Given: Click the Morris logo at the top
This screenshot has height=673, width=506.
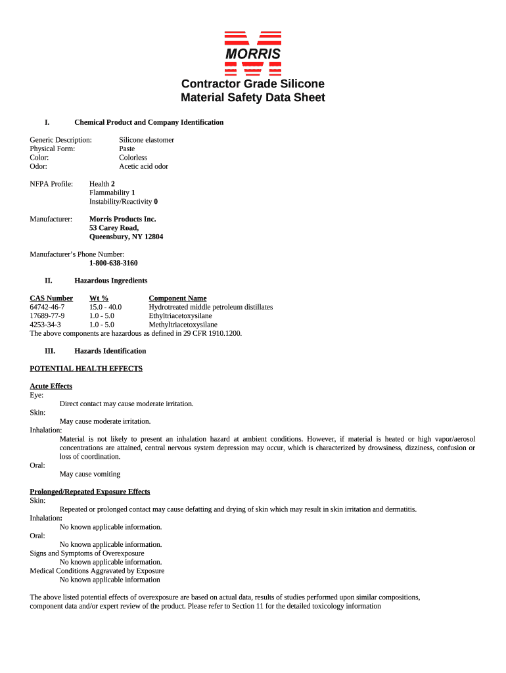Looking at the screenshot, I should [252, 53].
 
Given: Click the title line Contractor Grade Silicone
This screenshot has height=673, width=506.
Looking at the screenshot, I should [252, 83].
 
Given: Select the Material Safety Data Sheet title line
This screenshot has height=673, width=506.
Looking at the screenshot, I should [252, 98].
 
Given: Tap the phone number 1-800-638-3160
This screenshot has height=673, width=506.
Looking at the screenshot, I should [108, 263].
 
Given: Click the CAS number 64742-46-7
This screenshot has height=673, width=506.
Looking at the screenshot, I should [47, 307].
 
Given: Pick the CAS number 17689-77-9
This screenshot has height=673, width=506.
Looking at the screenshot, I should [47, 315].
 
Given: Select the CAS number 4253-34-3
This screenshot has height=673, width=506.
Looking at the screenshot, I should [45, 325].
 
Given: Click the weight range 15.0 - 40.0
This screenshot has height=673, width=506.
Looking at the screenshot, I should [105, 307].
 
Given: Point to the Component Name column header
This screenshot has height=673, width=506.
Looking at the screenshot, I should [177, 298].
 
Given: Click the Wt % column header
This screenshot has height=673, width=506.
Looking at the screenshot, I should [99, 298].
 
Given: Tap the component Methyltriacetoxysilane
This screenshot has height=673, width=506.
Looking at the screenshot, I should [183, 325].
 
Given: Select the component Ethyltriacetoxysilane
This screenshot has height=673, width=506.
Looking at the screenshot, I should [180, 315].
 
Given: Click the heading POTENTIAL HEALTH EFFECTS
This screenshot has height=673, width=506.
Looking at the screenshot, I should [86, 369].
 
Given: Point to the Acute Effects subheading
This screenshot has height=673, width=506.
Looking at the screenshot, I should [51, 386].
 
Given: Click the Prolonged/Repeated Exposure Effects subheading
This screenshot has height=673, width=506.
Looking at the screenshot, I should [90, 492].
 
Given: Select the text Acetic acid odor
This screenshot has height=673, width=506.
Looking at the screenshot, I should [143, 166].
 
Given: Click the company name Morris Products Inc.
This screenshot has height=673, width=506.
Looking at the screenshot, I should [122, 219].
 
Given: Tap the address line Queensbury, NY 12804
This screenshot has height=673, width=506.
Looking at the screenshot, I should [126, 237].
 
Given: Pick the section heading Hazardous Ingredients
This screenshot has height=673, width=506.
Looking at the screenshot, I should [110, 281].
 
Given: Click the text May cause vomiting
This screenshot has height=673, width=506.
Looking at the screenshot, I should [90, 474].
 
